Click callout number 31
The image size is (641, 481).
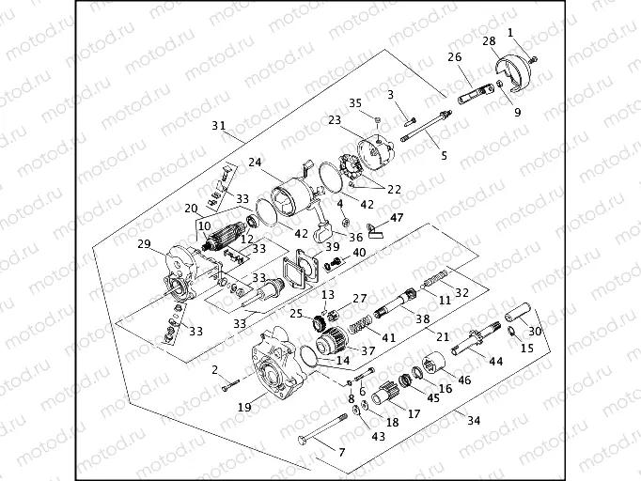[219, 125]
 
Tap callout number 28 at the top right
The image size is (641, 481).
[489, 41]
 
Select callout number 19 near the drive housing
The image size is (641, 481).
[244, 407]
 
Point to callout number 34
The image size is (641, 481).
[473, 420]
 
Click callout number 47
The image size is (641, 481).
[397, 217]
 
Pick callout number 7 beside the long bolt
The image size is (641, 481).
[341, 452]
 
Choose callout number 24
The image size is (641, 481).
[254, 162]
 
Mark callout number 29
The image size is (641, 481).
[144, 244]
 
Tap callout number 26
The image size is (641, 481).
[455, 57]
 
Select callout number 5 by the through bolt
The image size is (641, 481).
[444, 155]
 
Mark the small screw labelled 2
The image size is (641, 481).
[228, 386]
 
